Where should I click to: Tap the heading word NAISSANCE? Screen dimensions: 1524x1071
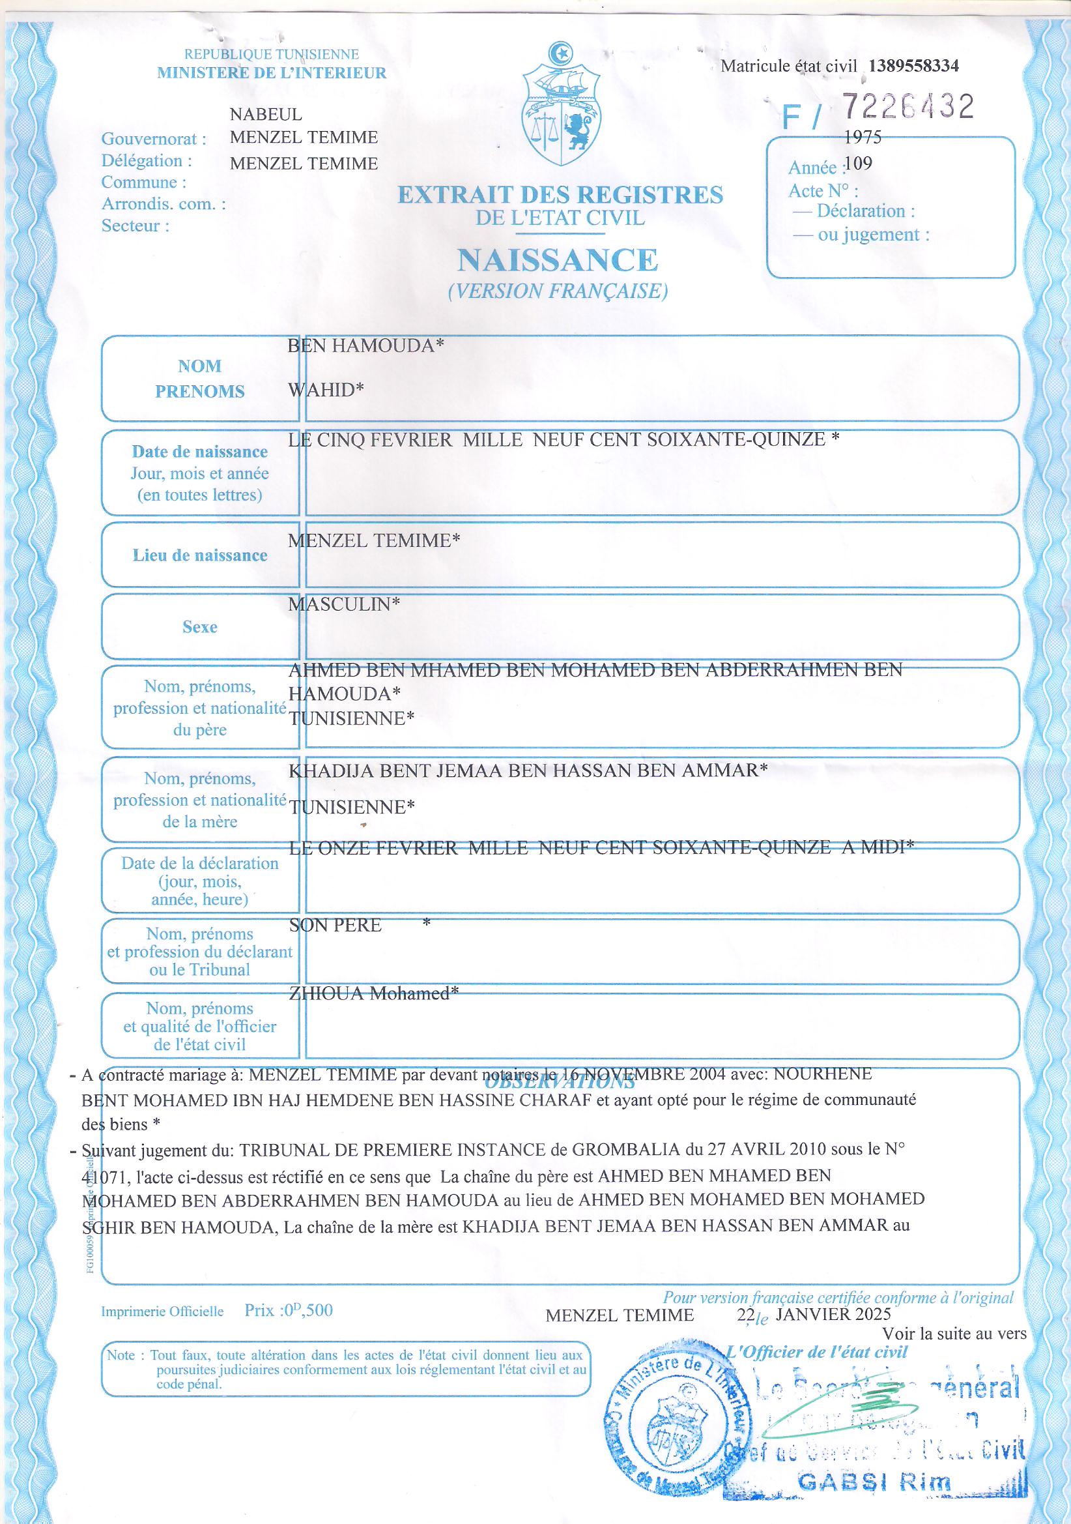click(x=558, y=260)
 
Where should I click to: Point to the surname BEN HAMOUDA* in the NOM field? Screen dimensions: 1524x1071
click(x=365, y=346)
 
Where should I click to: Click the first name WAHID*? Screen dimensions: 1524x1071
click(x=326, y=389)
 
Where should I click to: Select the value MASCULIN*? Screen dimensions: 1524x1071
click(x=345, y=604)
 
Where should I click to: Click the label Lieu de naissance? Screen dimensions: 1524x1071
click(x=200, y=555)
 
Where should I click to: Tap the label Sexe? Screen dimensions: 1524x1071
click(x=200, y=626)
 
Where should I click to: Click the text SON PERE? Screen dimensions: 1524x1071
click(x=336, y=926)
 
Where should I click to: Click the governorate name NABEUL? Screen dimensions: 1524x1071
click(x=265, y=114)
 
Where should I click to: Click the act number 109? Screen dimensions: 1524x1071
click(x=859, y=163)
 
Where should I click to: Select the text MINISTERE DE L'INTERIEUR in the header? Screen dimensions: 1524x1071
click(x=272, y=74)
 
